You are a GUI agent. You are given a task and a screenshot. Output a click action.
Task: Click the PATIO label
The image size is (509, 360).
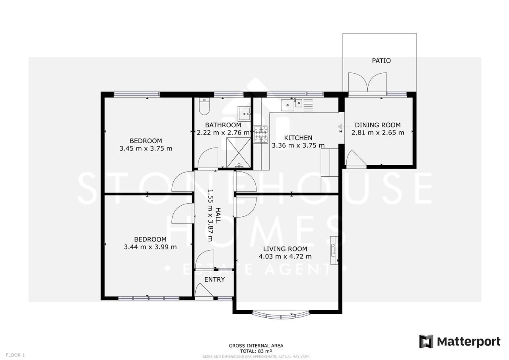pyautogui.click(x=381, y=60)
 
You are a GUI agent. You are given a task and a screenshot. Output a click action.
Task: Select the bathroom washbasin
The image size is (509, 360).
pyautogui.click(x=244, y=114)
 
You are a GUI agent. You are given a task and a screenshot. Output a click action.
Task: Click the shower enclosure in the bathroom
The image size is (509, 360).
pyautogui.click(x=239, y=152)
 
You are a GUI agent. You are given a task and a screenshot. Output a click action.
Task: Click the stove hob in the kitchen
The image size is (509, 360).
pyautogui.click(x=261, y=134)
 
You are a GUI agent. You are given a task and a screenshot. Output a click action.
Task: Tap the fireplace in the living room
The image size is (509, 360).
pyautogui.click(x=334, y=250)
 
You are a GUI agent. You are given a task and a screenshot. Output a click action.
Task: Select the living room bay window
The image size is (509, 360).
pyautogui.click(x=280, y=315)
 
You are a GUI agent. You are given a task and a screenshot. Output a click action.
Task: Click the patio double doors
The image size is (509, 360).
pyautogui.click(x=367, y=83)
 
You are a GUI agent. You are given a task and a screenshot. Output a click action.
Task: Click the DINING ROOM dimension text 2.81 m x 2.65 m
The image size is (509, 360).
pyautogui.click(x=377, y=132)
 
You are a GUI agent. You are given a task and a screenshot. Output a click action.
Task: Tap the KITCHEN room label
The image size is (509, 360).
pyautogui.click(x=298, y=138)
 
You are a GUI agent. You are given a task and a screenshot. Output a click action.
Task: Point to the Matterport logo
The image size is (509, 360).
pyautogui.click(x=460, y=341)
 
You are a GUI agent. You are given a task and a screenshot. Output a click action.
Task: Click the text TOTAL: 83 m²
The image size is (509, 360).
pyautogui.click(x=256, y=351)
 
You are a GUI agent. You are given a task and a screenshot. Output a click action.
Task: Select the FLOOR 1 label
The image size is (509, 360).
pyautogui.click(x=16, y=355)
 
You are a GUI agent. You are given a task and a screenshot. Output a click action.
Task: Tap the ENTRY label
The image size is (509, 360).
pyautogui.click(x=214, y=279)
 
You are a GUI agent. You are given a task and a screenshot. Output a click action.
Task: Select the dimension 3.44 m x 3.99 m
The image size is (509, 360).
pyautogui.click(x=150, y=247)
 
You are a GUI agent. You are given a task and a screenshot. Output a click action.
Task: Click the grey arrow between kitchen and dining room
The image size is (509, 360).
pyautogui.click(x=340, y=127)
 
